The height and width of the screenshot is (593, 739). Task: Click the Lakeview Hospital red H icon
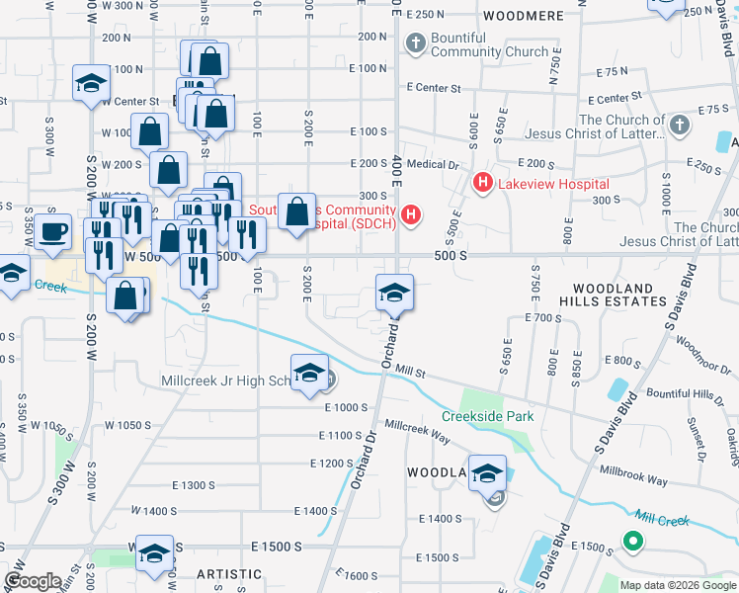(x=483, y=183)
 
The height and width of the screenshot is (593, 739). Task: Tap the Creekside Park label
(x=487, y=416)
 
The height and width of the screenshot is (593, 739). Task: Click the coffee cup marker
(x=53, y=233)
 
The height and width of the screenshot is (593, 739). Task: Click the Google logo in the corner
(x=33, y=581)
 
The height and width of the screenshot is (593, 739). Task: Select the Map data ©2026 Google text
(x=678, y=585)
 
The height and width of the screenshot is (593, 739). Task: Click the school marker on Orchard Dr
(x=394, y=294)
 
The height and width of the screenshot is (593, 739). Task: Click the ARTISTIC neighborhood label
(x=229, y=574)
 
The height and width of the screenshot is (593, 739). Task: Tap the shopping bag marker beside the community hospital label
(x=296, y=212)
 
